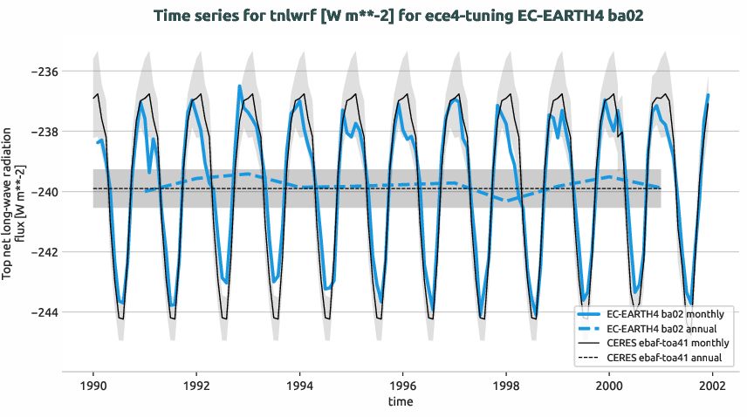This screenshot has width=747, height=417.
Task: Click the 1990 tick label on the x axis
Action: tap(93, 385)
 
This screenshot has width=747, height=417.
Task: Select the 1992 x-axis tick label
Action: tap(196, 385)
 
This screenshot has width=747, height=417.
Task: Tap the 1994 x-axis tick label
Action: tap(299, 385)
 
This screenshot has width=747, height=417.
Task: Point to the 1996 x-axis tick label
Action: tap(402, 385)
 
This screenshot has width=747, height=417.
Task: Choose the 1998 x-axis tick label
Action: tap(505, 385)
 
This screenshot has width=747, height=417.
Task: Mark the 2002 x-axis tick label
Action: tap(712, 385)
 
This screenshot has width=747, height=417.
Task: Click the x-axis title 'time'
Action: tap(402, 402)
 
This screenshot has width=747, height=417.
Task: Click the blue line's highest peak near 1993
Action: tap(240, 86)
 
